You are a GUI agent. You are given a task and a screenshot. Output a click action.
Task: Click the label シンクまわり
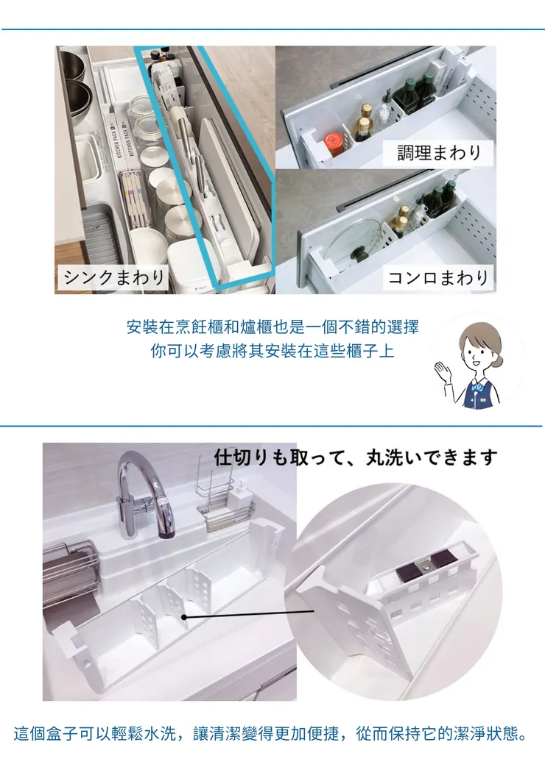pyautogui.click(x=115, y=277)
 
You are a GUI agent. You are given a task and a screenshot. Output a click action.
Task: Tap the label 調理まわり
pyautogui.click(x=439, y=152)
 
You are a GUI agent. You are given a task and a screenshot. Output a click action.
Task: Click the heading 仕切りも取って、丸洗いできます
pyautogui.click(x=356, y=457)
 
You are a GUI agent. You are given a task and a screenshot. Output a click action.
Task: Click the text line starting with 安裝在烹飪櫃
pyautogui.click(x=272, y=327)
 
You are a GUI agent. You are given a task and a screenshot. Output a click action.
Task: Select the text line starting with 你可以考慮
pyautogui.click(x=272, y=350)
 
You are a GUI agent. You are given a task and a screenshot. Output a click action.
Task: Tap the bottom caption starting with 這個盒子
pyautogui.click(x=272, y=734)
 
